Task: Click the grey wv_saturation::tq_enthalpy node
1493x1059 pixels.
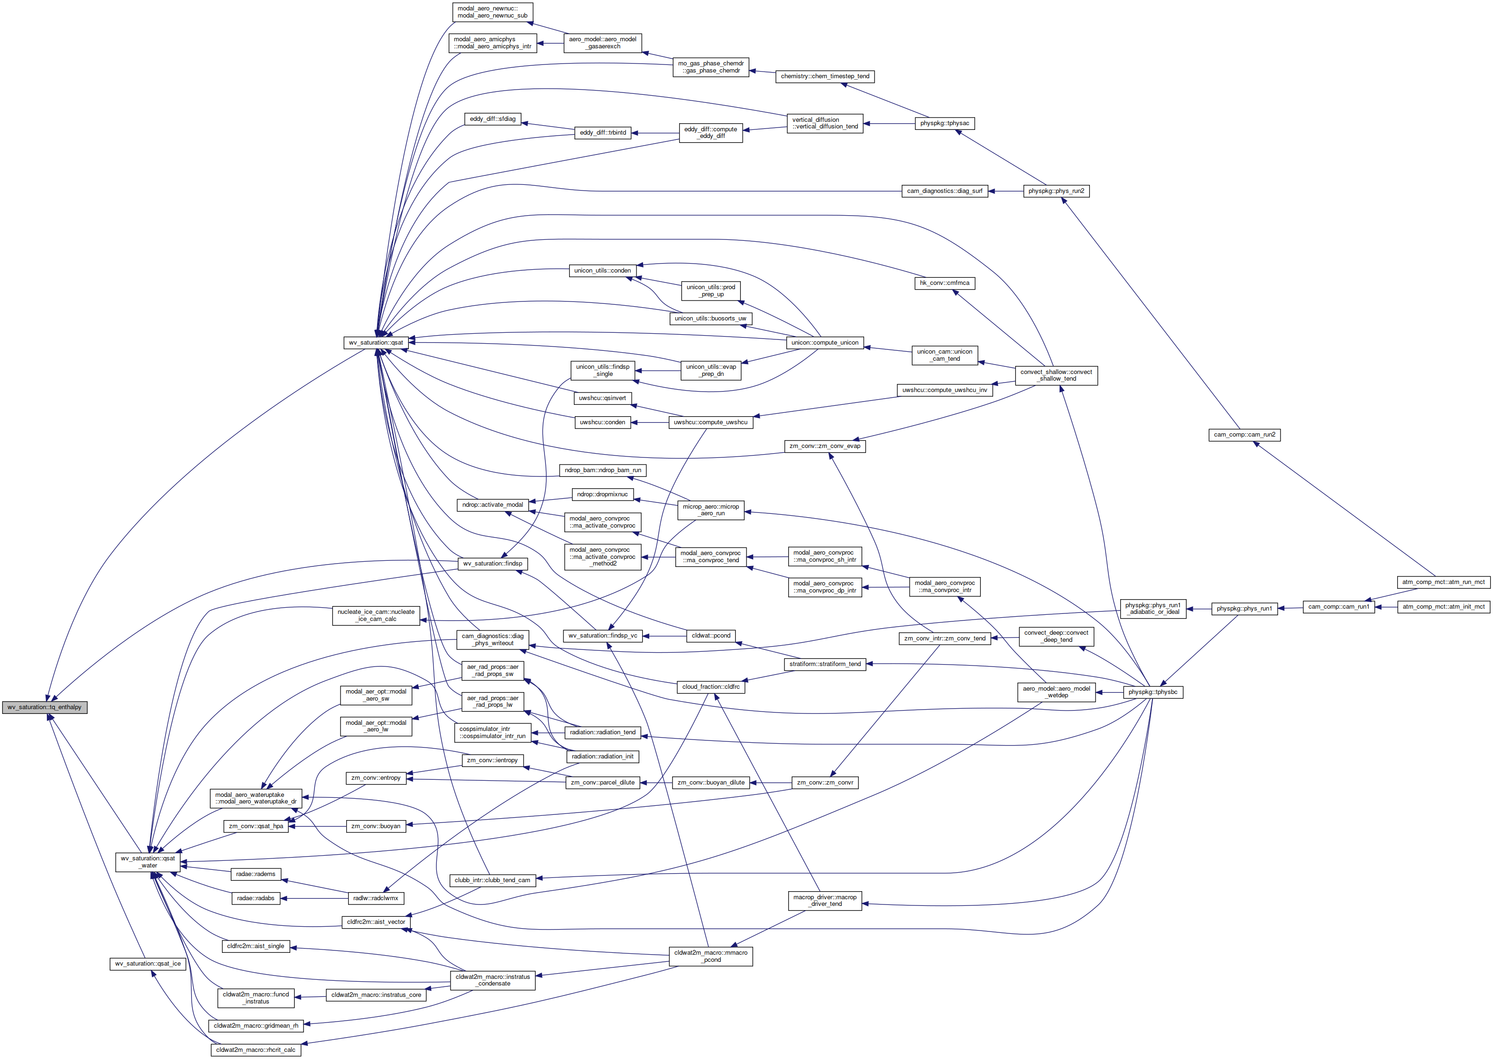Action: [x=45, y=707]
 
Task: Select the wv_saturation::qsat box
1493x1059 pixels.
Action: [x=376, y=342]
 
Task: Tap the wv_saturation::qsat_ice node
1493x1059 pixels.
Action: [x=148, y=963]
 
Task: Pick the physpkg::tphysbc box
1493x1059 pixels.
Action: [x=1152, y=692]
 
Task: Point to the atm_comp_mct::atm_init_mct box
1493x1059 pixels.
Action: [x=1443, y=606]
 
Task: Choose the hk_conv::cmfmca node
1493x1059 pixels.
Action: [x=944, y=283]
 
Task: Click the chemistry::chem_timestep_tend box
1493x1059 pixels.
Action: [x=825, y=76]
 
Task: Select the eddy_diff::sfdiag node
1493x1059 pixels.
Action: [x=492, y=119]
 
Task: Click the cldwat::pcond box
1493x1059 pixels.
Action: [x=711, y=635]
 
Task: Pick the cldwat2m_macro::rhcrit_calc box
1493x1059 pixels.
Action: [x=255, y=1050]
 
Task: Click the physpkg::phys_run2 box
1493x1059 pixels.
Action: [x=1056, y=191]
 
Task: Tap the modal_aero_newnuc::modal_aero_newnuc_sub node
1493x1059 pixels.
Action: [x=492, y=12]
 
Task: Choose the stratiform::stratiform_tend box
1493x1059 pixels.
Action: [x=825, y=664]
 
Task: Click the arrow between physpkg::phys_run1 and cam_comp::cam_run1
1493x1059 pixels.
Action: [x=1290, y=608]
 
